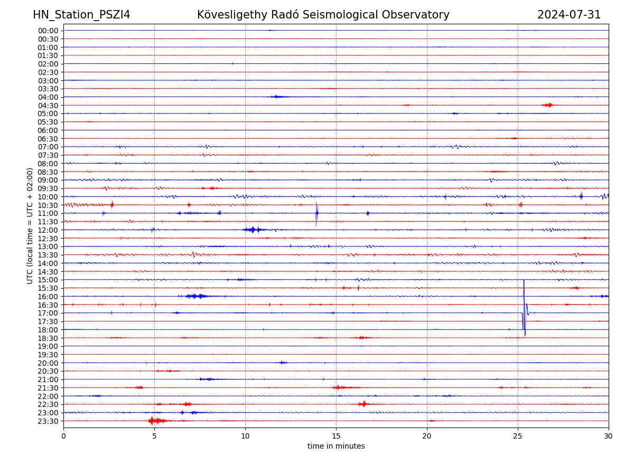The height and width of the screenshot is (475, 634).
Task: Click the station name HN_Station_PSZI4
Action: [81, 15]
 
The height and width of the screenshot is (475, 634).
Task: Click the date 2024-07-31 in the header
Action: [569, 15]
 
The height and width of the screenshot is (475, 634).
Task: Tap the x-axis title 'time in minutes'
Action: [336, 446]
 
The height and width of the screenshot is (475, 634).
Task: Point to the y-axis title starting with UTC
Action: [30, 225]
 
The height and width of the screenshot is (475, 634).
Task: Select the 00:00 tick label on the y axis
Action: [48, 31]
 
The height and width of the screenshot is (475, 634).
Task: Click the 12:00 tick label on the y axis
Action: [48, 230]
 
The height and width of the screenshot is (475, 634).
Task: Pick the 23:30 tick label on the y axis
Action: [48, 421]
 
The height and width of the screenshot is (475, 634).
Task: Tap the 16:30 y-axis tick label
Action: [48, 305]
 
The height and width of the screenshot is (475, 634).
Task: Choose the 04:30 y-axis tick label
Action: [48, 106]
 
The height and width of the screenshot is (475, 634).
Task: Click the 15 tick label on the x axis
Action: [336, 436]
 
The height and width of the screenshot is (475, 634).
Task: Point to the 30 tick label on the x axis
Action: [609, 436]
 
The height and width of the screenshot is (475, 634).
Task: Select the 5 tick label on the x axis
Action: [154, 436]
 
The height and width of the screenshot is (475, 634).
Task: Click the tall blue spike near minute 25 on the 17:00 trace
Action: [524, 306]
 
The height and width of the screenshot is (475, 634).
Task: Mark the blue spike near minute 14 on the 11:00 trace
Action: [316, 213]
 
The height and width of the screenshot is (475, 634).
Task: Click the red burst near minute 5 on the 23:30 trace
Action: [153, 421]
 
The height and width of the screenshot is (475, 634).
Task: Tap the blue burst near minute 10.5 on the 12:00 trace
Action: [253, 230]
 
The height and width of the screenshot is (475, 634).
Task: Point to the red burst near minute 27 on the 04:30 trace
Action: [548, 105]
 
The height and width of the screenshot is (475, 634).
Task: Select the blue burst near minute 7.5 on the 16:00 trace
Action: [196, 296]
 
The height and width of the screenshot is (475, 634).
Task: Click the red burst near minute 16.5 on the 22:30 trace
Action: [363, 404]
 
